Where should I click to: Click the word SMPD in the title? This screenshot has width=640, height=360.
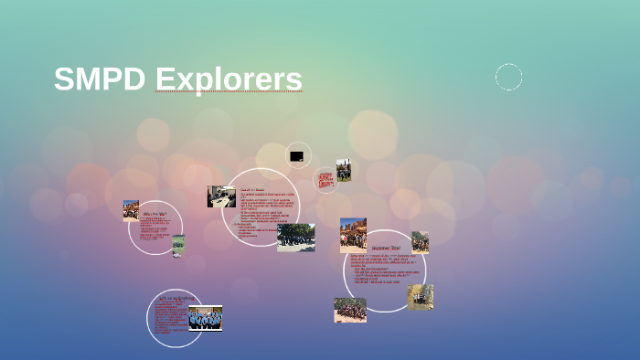coord(99,79)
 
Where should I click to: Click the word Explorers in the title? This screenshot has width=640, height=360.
coord(229,79)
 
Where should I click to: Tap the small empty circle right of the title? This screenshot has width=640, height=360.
coord(509,78)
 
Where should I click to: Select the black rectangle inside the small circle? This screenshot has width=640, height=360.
coord(297,156)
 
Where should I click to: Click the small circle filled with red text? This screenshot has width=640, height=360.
coord(325,179)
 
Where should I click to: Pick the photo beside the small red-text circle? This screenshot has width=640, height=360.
coord(344,170)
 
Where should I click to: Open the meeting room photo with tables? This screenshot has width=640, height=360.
coord(221,196)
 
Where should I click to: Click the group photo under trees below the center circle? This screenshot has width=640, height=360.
coord(295,237)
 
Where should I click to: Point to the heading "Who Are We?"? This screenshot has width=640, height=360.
coord(155,215)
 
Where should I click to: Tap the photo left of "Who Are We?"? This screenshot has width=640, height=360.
coord(131,211)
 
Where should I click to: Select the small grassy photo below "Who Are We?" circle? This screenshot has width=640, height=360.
coord(178,246)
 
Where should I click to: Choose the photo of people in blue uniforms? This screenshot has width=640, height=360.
coord(205,318)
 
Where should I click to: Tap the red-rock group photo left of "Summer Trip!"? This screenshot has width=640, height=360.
coord(353,235)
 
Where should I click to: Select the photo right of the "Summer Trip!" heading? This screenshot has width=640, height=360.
coord(420,242)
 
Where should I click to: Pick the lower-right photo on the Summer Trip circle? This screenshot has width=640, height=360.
coord(420,297)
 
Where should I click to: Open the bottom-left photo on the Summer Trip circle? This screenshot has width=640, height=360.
coord(350,310)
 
